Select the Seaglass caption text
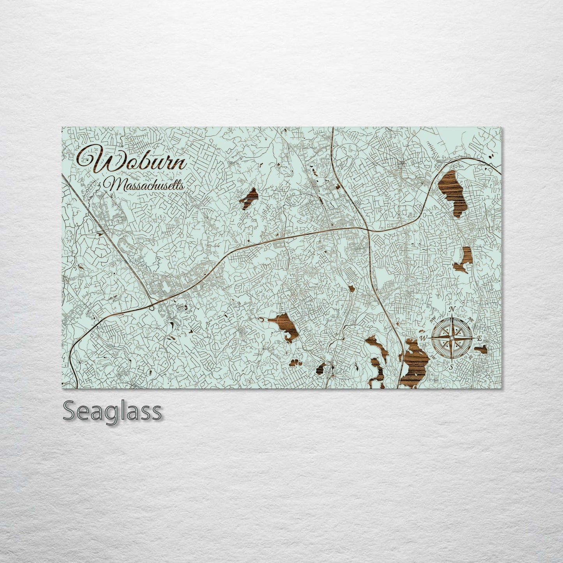(112, 411)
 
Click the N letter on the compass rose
(452, 309)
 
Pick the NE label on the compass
(471, 320)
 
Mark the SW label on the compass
(434, 356)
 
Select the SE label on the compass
(470, 356)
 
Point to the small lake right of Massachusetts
(249, 198)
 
